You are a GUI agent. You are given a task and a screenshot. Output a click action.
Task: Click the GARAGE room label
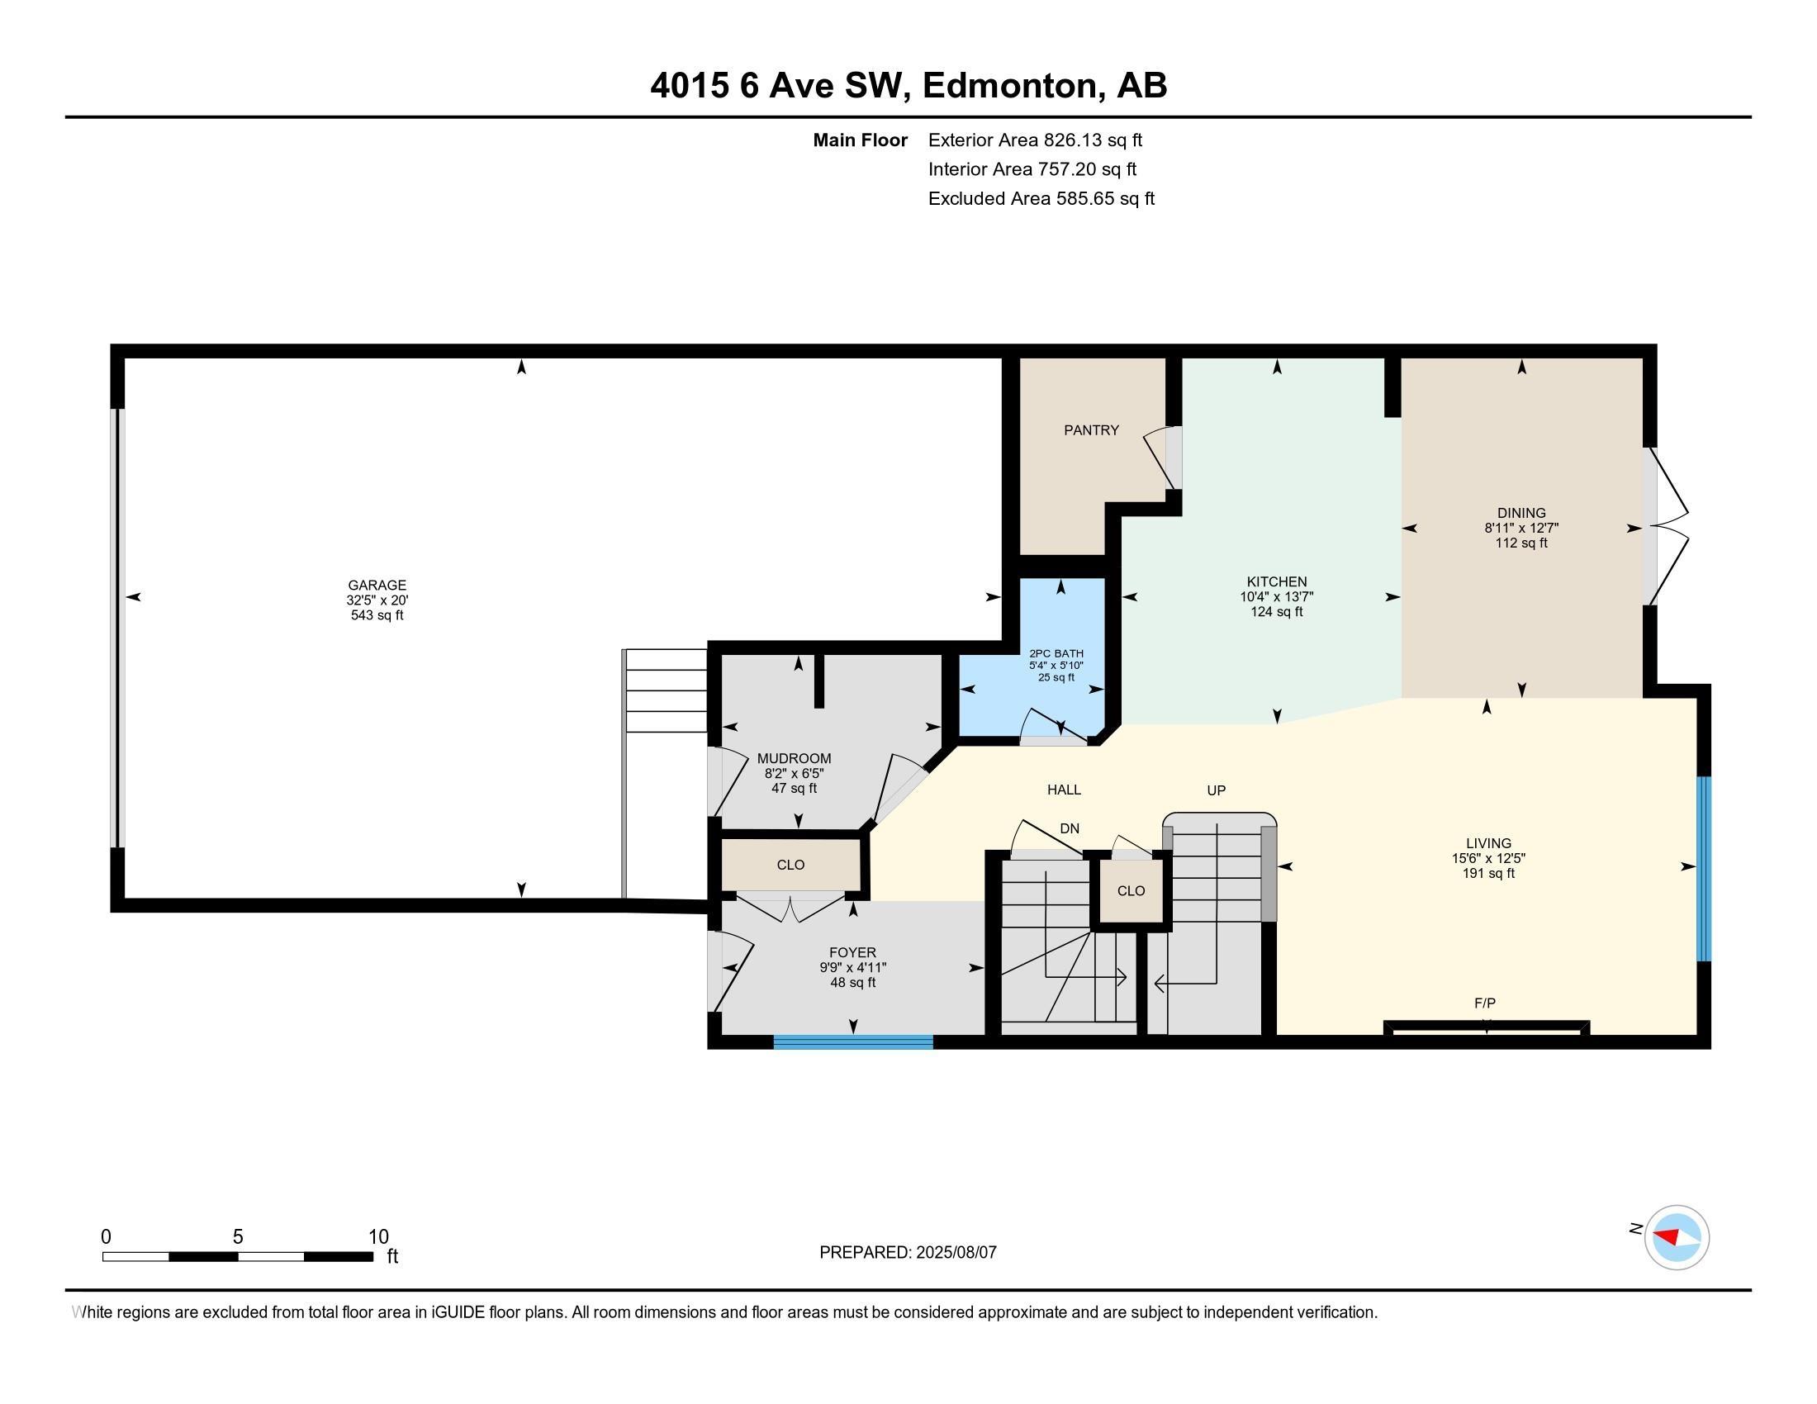[377, 585]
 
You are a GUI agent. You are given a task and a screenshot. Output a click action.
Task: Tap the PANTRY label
[1091, 430]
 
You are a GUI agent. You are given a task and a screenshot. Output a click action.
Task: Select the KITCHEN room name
[1276, 581]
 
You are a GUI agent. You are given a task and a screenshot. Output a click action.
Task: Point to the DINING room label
[1520, 512]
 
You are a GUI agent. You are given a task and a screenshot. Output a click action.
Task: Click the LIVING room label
[1488, 842]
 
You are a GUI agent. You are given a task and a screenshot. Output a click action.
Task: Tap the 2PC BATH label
[1056, 654]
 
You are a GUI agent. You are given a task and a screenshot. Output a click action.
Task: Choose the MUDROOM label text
[794, 758]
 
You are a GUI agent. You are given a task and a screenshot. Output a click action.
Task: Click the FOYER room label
[852, 952]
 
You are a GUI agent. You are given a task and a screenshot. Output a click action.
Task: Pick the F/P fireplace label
[1485, 1003]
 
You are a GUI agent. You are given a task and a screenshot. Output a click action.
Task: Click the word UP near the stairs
[1217, 790]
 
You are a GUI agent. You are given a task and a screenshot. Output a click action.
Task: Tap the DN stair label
[1069, 828]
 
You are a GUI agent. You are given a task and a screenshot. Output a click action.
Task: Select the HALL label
[1064, 790]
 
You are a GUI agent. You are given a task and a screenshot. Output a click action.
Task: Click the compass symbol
[1677, 1237]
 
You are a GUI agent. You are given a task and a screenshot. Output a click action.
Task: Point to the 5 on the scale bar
[238, 1237]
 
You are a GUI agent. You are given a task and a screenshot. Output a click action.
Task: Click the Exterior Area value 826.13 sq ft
[1094, 140]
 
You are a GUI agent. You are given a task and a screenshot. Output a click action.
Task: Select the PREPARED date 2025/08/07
[955, 1252]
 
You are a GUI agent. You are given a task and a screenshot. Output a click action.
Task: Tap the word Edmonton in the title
[1009, 86]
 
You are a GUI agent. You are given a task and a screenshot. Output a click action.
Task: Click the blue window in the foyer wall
[853, 1041]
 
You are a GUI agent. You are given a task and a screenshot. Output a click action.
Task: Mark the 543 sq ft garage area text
[377, 615]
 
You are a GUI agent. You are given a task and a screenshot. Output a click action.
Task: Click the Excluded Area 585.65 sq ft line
[1041, 198]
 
